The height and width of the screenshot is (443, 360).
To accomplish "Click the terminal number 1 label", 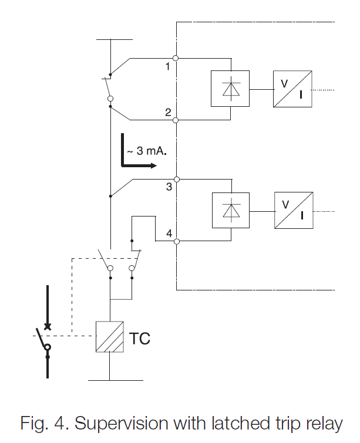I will pyautogui.click(x=167, y=67).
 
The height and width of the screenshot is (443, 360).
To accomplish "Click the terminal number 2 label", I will pyautogui.click(x=167, y=112).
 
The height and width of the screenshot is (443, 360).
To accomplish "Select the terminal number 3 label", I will pyautogui.click(x=169, y=187).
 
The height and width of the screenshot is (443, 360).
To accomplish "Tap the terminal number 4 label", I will pyautogui.click(x=169, y=233).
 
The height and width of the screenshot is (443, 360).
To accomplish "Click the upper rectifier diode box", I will pyautogui.click(x=230, y=89).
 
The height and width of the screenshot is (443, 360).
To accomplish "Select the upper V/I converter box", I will pyautogui.click(x=292, y=89).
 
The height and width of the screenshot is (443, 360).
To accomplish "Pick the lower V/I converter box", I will pyautogui.click(x=292, y=210).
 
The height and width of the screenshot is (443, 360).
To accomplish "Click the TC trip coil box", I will pyautogui.click(x=110, y=337).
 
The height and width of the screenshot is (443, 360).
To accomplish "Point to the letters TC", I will pyautogui.click(x=139, y=339).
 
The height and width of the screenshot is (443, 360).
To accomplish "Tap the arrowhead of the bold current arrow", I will pyautogui.click(x=153, y=165).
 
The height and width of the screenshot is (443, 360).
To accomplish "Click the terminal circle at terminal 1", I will pyautogui.click(x=176, y=58).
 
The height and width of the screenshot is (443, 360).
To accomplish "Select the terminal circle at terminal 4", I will pyautogui.click(x=176, y=241).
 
